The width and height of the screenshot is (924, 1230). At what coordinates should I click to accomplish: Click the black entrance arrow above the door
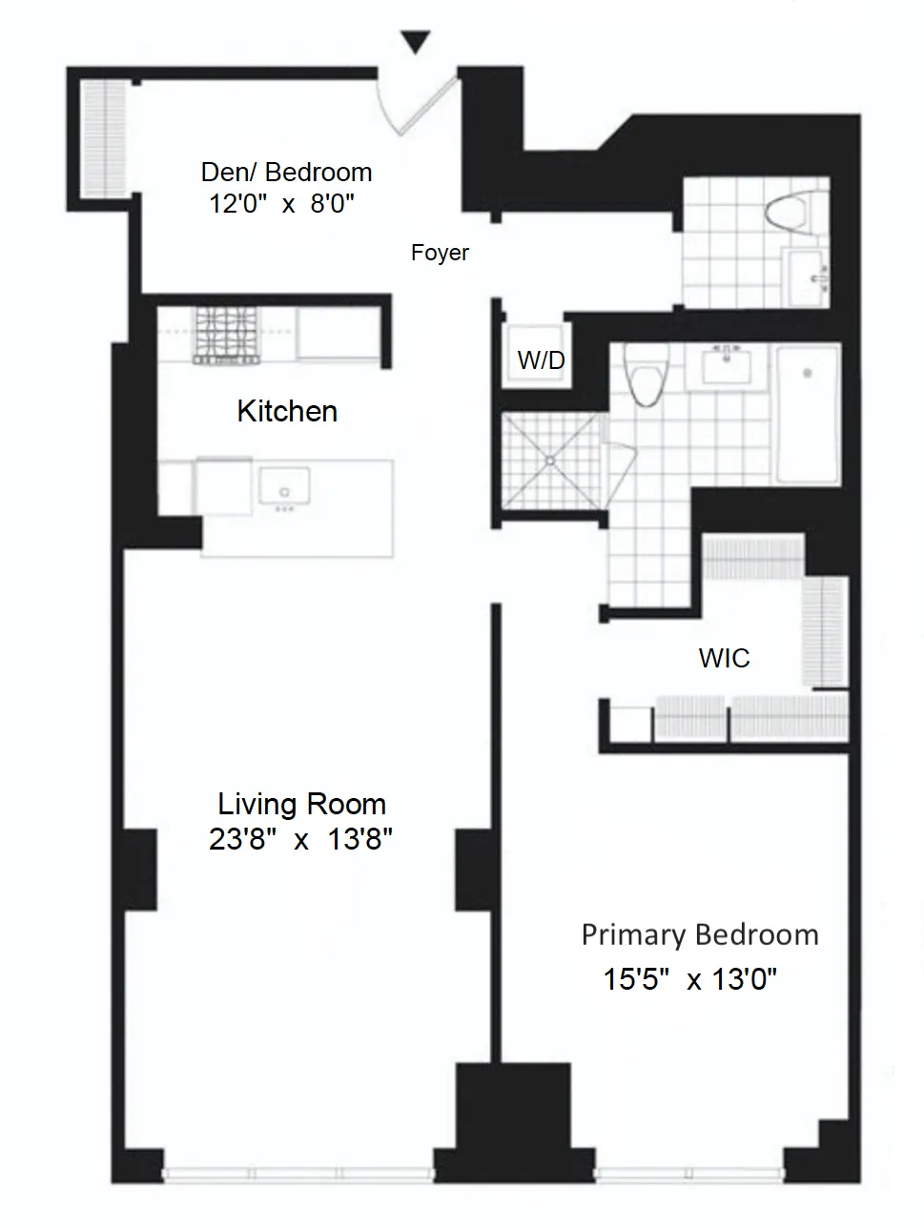click(x=415, y=42)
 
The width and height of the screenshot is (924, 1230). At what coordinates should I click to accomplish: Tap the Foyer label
click(x=440, y=253)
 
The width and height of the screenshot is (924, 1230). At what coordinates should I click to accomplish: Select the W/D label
click(x=541, y=359)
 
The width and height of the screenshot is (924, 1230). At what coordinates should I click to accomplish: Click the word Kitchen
click(x=287, y=411)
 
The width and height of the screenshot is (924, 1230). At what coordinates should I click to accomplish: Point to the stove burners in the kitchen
click(x=228, y=335)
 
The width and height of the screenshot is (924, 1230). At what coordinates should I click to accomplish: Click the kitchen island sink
click(x=284, y=488)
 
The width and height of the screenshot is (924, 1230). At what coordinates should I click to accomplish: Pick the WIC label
click(x=724, y=658)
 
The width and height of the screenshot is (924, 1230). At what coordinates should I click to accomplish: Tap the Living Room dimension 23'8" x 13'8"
click(x=300, y=839)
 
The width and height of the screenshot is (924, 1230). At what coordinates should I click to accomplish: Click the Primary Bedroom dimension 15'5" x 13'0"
click(x=689, y=979)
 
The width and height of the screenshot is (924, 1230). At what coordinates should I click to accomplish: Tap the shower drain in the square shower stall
click(x=550, y=461)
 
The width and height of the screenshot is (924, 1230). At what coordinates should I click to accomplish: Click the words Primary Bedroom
click(x=699, y=934)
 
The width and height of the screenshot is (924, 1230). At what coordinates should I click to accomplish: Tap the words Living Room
click(x=301, y=804)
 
